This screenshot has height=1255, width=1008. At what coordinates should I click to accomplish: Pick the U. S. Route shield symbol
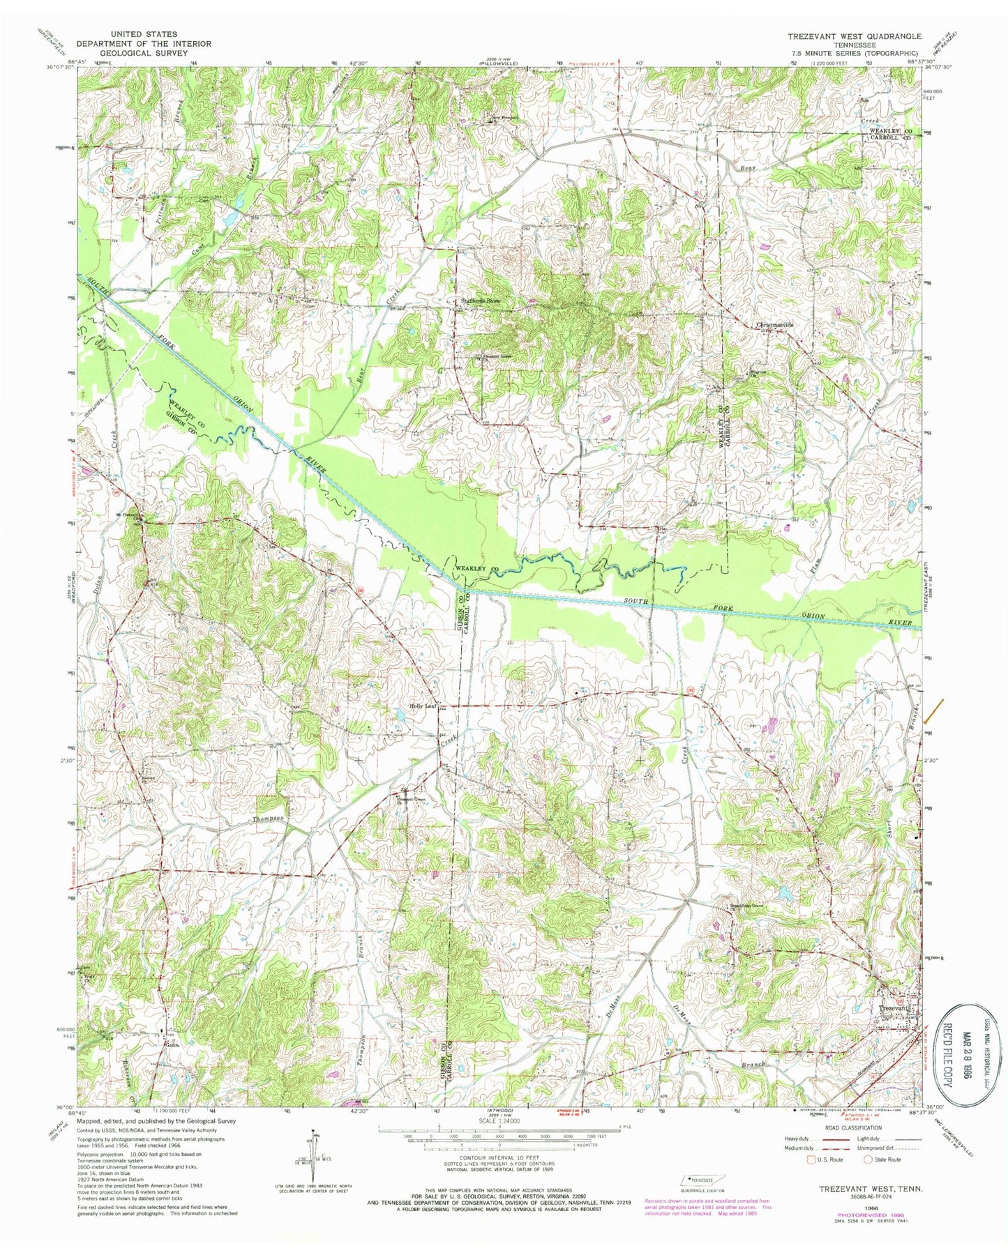(811, 1160)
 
